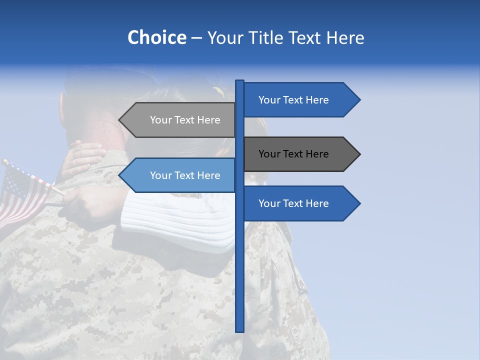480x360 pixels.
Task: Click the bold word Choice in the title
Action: pos(156,37)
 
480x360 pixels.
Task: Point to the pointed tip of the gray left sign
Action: pos(120,120)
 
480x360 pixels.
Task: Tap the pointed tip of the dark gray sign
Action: pos(358,154)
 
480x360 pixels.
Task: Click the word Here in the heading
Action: pos(345,37)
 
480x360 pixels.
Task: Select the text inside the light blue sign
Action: pos(185,175)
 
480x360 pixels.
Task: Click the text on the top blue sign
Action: pos(293,100)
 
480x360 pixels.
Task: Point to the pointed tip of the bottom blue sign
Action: pos(358,203)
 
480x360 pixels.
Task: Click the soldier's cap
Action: pos(100,80)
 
